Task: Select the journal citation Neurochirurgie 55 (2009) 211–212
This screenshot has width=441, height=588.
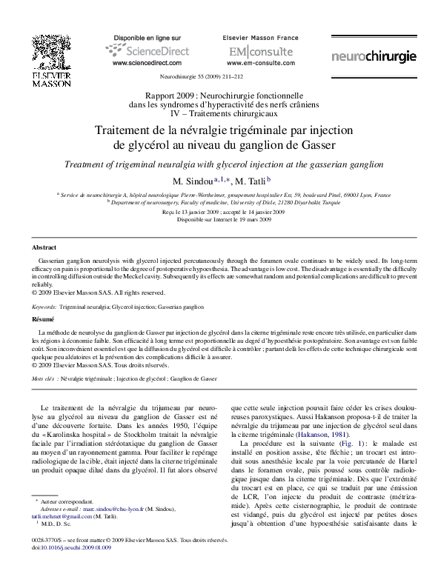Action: pyautogui.click(x=220, y=76)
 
